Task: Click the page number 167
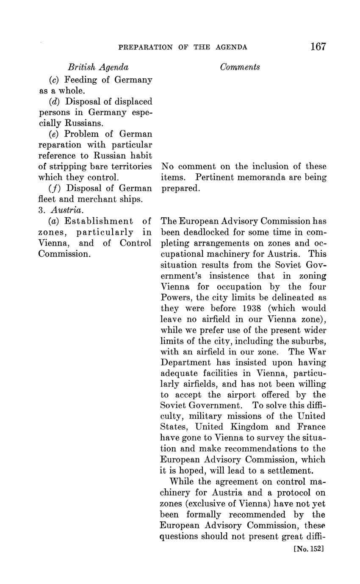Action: coord(318,47)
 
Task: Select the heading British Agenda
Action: coord(98,67)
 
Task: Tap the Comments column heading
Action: coord(240,67)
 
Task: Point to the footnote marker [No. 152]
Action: coord(308,549)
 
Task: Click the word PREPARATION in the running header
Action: coord(145,47)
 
